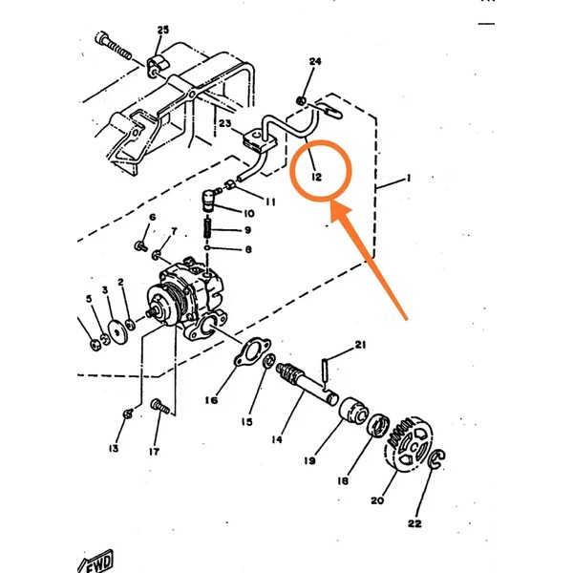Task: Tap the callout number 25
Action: tap(162, 31)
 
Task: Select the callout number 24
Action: tap(315, 62)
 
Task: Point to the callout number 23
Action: tap(225, 123)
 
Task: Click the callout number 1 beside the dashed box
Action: tap(408, 180)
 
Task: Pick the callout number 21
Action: tap(360, 344)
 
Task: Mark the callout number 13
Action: tap(115, 448)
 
